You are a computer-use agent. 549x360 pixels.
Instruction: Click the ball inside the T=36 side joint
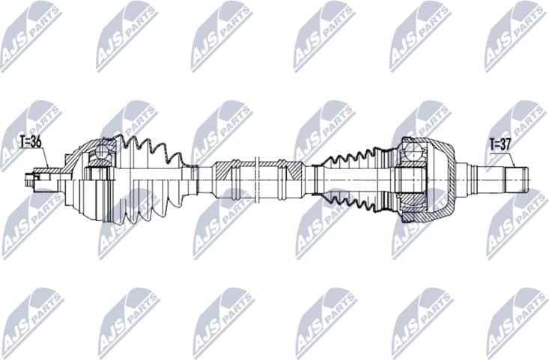pyautogui.click(x=100, y=155)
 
